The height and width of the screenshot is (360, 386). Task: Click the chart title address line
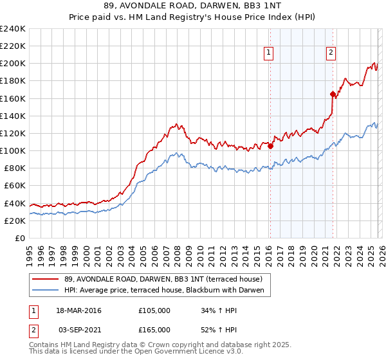pos(193,6)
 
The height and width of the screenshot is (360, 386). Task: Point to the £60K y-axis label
pos(15,186)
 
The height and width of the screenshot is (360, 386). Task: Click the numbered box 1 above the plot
pos(268,53)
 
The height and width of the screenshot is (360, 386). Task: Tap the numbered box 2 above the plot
pos(331,53)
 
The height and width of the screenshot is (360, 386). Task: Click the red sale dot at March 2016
pos(270,146)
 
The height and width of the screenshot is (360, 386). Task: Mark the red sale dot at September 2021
pos(333,94)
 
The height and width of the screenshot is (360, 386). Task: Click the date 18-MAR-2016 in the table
pos(80,310)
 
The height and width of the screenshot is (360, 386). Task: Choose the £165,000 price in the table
pos(154,328)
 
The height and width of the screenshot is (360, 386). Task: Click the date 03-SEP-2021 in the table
pos(80,328)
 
